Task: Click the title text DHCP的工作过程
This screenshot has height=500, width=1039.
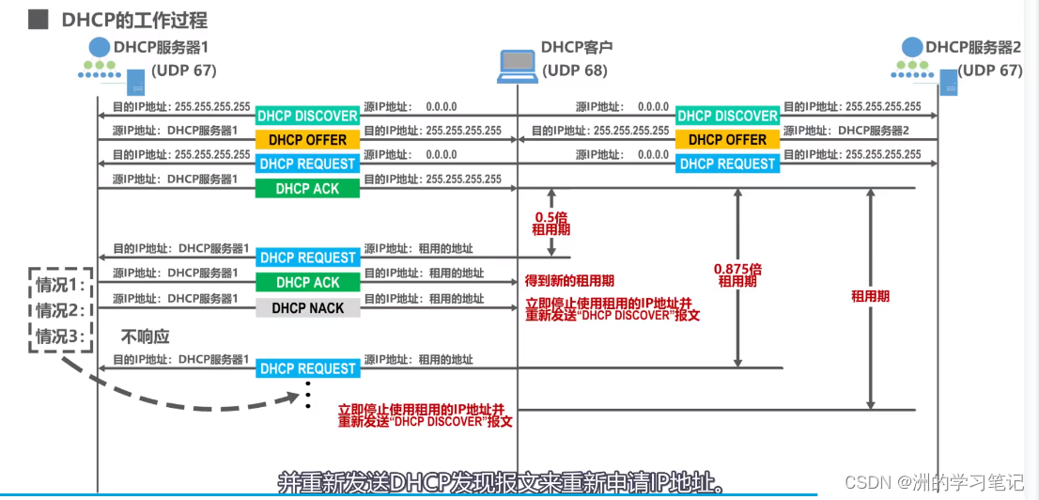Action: (134, 20)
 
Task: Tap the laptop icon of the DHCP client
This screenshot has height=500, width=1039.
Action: (516, 64)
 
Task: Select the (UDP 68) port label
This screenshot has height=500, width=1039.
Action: (575, 70)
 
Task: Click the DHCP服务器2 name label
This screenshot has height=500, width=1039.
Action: (974, 47)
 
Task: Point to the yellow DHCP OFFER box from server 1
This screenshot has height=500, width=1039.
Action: (307, 140)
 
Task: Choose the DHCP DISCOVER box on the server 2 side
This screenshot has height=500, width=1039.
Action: (728, 116)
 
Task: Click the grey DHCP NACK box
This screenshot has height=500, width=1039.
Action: (307, 307)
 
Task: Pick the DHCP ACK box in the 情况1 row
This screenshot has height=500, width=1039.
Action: (307, 282)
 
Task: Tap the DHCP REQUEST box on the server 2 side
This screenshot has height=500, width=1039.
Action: (728, 164)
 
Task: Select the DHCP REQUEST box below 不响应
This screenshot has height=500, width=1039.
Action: (307, 368)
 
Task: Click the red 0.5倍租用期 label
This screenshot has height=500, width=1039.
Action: (551, 222)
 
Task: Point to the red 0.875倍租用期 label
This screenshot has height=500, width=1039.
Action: (737, 273)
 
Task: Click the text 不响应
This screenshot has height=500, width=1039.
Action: (146, 336)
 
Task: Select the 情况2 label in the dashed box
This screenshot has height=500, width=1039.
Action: (60, 310)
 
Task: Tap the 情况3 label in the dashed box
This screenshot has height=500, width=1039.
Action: (60, 336)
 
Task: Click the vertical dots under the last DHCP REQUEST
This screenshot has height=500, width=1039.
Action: (307, 396)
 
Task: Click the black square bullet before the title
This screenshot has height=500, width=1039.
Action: (39, 20)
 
